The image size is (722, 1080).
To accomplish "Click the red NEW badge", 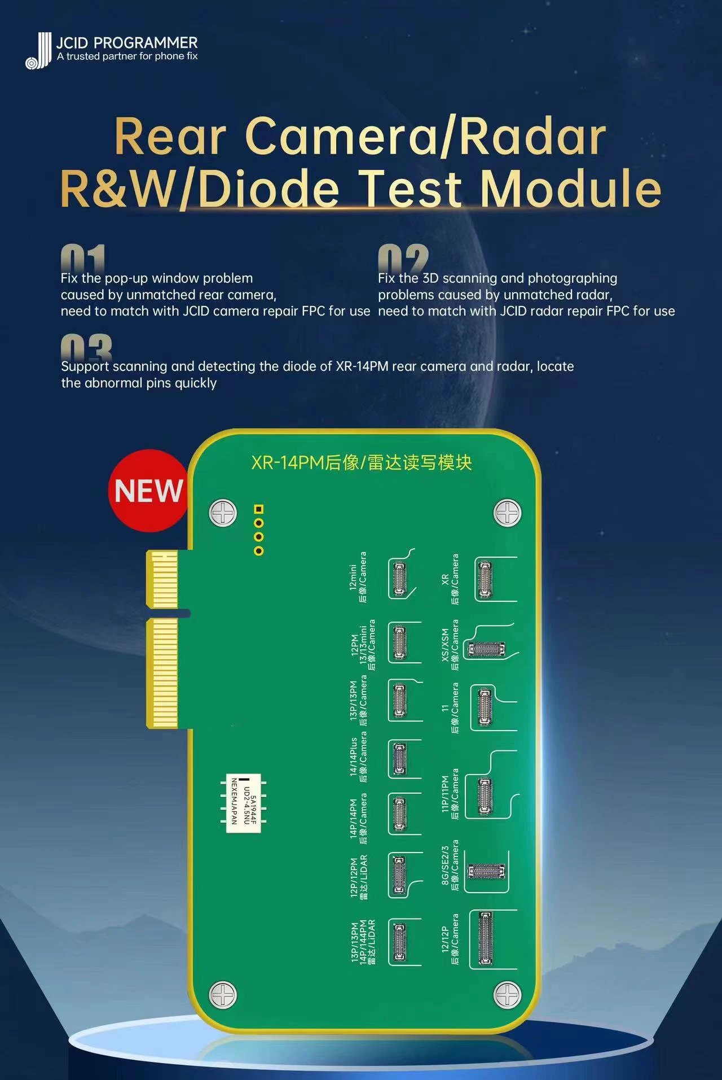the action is pyautogui.click(x=148, y=491).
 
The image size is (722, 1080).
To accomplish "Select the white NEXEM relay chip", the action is pyautogui.click(x=243, y=802).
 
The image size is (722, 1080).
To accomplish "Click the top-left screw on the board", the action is pyautogui.click(x=223, y=513).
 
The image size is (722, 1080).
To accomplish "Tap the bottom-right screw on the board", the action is pyautogui.click(x=507, y=995).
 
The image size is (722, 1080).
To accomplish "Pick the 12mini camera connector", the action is pyautogui.click(x=399, y=578).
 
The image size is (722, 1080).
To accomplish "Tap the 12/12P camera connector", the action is pyautogui.click(x=485, y=939).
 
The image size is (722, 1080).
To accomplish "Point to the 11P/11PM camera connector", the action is pyautogui.click(x=485, y=796).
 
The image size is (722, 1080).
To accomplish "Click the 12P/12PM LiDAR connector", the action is pyautogui.click(x=399, y=875).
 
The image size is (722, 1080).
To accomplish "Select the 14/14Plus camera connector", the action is pyautogui.click(x=399, y=758).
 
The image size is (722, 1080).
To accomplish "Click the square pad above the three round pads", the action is pyautogui.click(x=259, y=509).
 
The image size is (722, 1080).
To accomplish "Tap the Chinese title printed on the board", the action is pyautogui.click(x=362, y=463).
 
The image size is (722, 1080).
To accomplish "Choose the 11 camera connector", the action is pyautogui.click(x=485, y=707).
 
